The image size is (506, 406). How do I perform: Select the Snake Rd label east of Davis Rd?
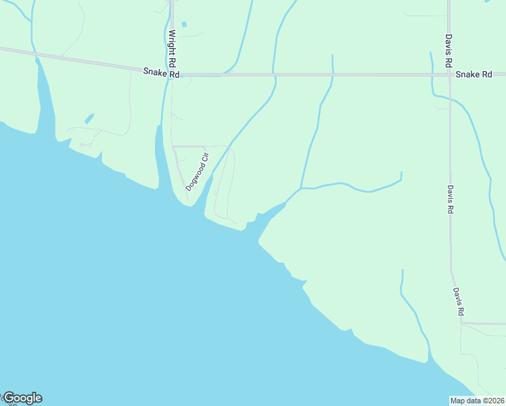[x=473, y=74]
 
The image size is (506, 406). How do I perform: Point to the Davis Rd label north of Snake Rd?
[x=448, y=51]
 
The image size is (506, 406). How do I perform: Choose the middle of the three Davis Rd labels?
[x=448, y=200]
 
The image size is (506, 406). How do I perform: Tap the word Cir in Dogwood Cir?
[x=205, y=160]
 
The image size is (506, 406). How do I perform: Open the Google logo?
[x=22, y=398]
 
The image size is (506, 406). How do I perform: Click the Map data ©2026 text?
[x=477, y=401]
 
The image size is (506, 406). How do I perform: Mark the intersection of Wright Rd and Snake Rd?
[x=171, y=74]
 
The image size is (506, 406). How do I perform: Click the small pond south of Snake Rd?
[x=89, y=118]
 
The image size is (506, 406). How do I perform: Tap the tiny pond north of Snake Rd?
[x=183, y=24]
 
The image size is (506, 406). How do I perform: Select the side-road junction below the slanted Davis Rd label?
[x=462, y=323]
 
